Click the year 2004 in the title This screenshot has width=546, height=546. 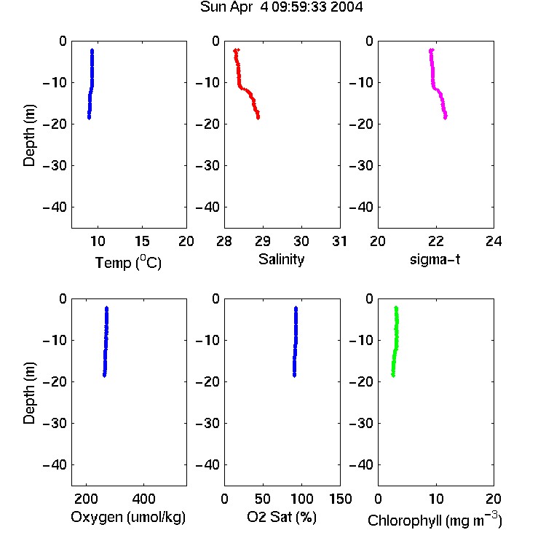[x=346, y=7]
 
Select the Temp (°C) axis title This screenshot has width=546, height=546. [x=128, y=262]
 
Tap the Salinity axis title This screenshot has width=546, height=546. [x=281, y=259]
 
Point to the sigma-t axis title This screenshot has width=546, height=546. [x=435, y=259]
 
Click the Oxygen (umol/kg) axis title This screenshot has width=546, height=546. [x=128, y=517]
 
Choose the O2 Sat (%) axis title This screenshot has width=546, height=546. [x=281, y=517]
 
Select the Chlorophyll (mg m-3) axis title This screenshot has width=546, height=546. [x=435, y=520]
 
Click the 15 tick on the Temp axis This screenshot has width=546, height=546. [x=142, y=241]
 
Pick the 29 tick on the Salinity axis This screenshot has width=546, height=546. [x=263, y=241]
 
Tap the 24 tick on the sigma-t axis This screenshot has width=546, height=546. [x=494, y=241]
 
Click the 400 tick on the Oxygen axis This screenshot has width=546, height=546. [x=143, y=499]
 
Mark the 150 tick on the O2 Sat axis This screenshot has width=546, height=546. [x=340, y=499]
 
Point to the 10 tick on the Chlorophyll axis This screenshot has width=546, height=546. [x=436, y=499]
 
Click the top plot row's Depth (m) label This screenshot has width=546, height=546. [x=29, y=135]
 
